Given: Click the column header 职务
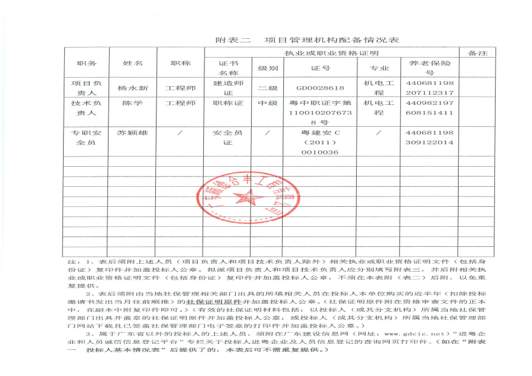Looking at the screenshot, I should [86, 63].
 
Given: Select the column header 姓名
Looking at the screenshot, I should [133, 63].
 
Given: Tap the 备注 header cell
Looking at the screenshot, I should [478, 53].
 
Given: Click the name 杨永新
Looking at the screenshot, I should [133, 88].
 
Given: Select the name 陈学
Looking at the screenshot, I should [132, 103].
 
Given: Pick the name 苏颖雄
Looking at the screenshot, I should [133, 132].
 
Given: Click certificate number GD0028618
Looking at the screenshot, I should [320, 88].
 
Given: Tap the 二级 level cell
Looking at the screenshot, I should [268, 88].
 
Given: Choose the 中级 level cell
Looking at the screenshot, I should [268, 103].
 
